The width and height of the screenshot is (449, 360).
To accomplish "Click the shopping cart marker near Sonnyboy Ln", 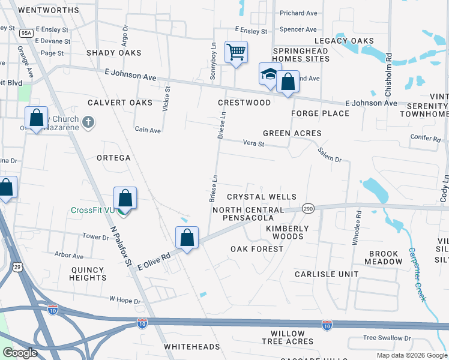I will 236,52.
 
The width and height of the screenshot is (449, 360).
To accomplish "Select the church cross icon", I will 88,123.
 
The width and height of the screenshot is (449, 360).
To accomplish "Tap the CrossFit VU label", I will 92,210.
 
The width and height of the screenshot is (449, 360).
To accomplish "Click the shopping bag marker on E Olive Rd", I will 187,238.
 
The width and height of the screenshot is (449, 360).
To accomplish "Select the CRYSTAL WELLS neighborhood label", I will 262,197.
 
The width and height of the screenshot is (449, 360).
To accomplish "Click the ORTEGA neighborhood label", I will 113,158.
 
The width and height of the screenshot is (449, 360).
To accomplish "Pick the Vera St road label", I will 253,143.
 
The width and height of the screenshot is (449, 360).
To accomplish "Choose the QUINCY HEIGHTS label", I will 88,274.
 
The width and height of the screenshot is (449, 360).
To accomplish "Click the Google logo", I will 20,353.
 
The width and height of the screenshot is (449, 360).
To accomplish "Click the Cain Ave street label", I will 148,130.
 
